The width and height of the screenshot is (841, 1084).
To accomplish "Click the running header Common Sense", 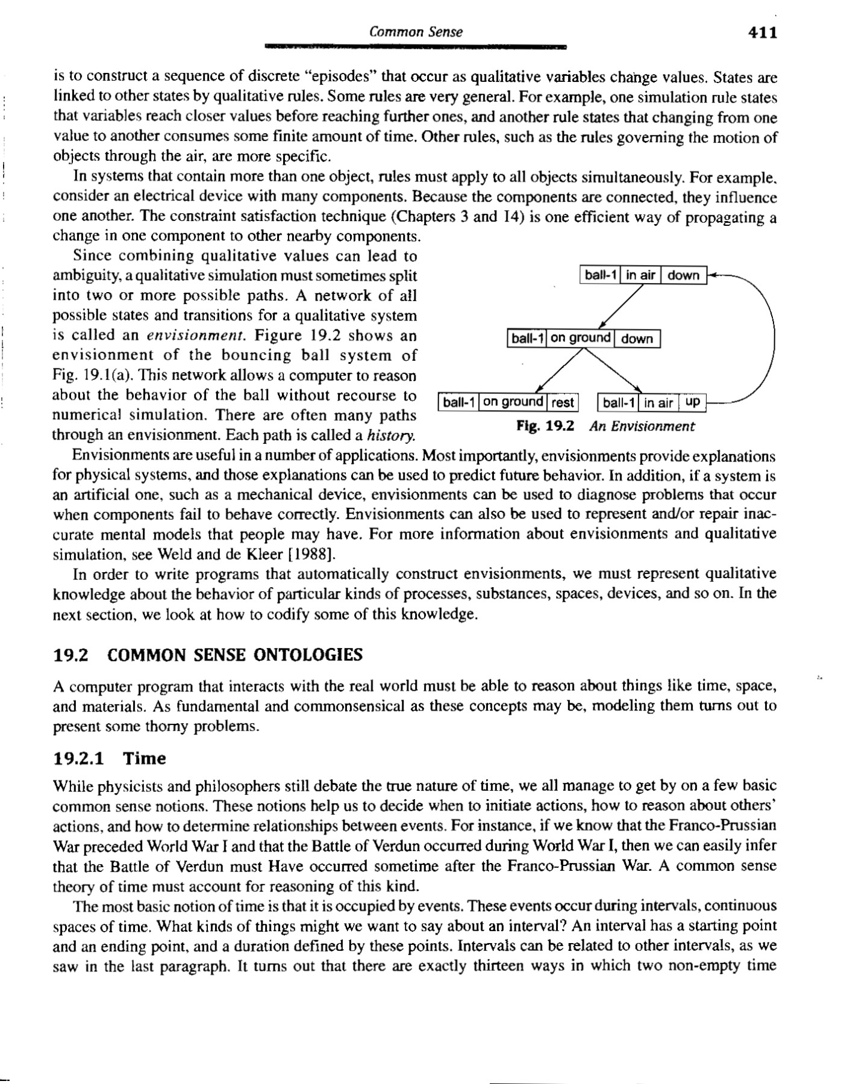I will (416, 32).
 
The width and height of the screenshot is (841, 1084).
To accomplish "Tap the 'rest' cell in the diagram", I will (562, 402).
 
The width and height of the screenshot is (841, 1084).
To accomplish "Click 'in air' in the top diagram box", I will (640, 275).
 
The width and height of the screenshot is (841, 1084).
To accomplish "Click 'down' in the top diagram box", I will (683, 275).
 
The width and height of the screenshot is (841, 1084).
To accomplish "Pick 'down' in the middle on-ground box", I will (637, 338).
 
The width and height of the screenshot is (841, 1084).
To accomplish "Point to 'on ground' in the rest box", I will (513, 402).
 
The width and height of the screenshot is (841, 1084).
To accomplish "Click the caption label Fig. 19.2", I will (545, 426).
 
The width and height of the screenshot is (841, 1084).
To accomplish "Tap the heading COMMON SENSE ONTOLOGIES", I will (235, 655).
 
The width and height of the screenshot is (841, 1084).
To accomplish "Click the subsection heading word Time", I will (145, 758).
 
